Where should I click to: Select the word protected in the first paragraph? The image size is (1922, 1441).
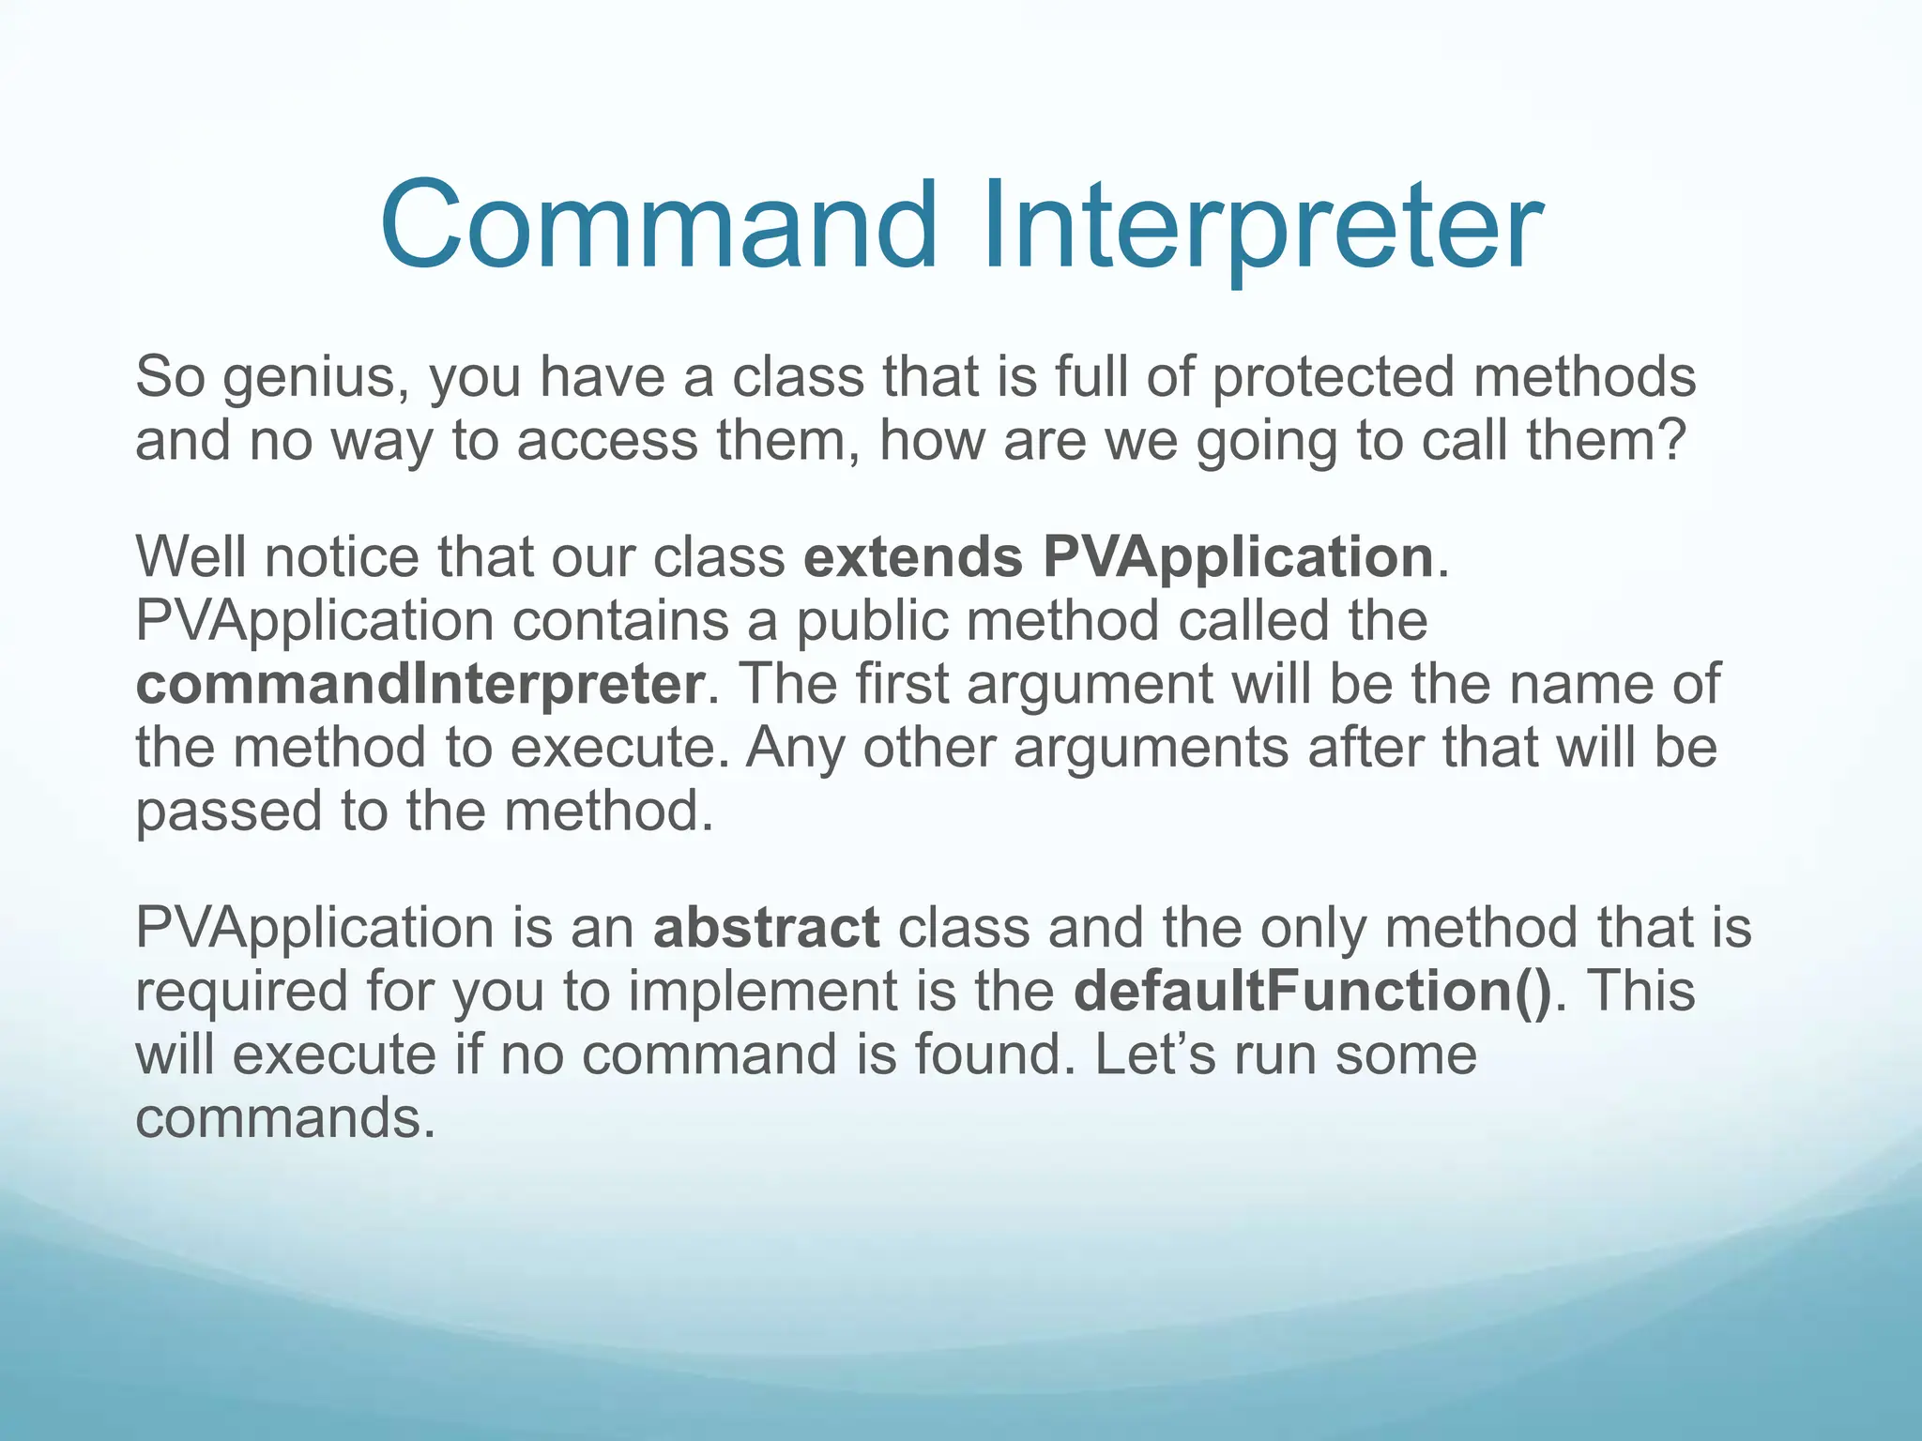(x=1333, y=377)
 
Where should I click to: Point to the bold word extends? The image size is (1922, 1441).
(x=912, y=557)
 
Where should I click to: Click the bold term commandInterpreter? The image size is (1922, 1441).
(x=419, y=684)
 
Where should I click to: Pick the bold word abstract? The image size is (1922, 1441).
(x=766, y=928)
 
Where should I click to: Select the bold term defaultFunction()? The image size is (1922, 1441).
(x=1313, y=992)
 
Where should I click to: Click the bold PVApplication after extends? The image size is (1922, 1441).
(x=1238, y=557)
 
